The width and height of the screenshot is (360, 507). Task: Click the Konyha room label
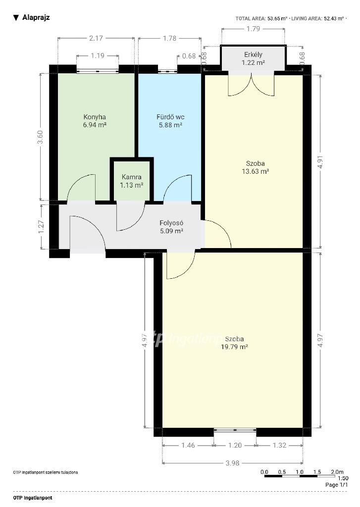(x=95, y=117)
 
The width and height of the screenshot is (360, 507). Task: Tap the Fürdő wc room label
(x=170, y=117)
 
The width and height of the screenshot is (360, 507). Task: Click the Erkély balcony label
(x=253, y=54)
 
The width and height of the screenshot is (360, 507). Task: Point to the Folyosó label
(x=171, y=223)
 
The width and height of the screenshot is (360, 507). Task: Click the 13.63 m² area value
(x=256, y=171)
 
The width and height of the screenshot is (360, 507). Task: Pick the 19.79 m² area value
(x=235, y=347)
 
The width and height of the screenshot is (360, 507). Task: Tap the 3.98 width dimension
(x=232, y=463)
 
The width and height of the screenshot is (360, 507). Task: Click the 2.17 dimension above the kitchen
(x=96, y=38)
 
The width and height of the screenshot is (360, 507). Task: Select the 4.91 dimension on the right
(x=320, y=162)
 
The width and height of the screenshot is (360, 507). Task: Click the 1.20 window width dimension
(x=235, y=445)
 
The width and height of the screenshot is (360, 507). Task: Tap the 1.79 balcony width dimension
(x=253, y=29)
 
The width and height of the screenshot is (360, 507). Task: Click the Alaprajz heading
(x=36, y=17)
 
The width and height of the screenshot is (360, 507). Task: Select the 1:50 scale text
(x=343, y=479)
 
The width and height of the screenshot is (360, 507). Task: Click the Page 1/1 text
(x=337, y=485)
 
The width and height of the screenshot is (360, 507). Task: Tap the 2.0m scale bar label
(x=337, y=472)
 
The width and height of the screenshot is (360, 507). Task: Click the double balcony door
(x=252, y=85)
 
